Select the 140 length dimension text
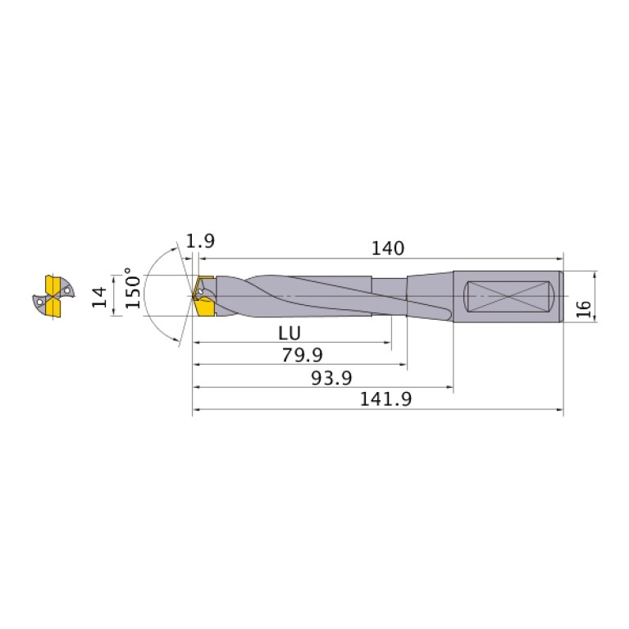coord(388,248)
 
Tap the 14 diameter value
coord(100,297)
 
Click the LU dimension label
coord(289,333)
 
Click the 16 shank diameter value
coord(583,308)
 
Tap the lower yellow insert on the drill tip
coord(203,308)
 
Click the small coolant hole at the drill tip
coord(199,291)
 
